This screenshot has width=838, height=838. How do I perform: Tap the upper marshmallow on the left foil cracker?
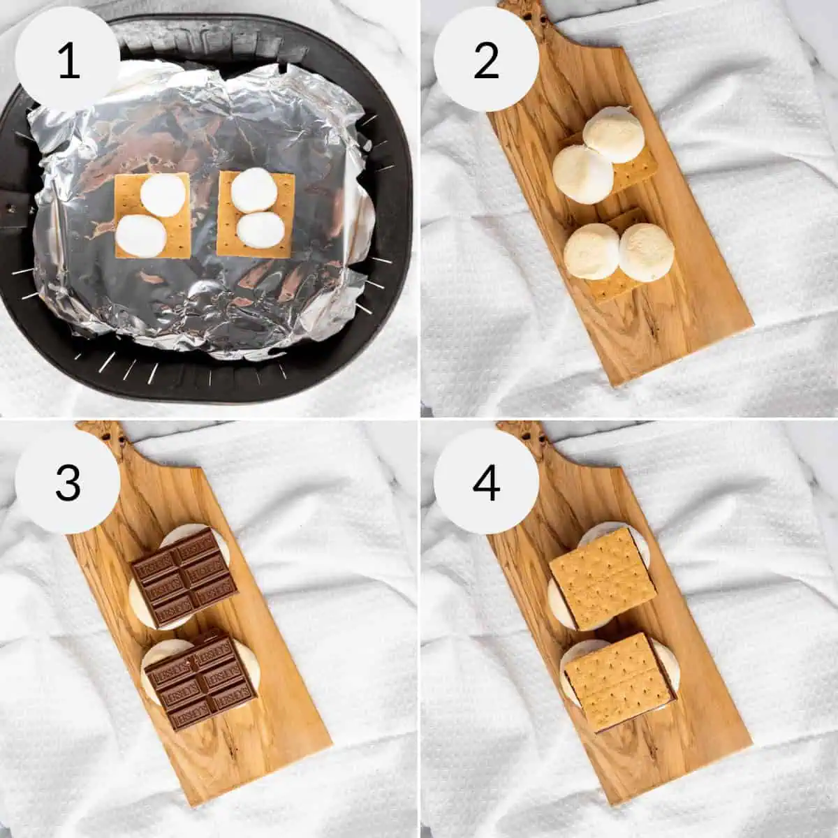click(x=161, y=193)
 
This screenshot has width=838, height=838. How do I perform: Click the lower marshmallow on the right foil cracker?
click(x=259, y=229)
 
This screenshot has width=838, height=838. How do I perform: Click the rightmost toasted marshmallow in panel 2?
click(x=647, y=251)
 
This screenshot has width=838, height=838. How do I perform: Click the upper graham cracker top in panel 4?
click(x=603, y=568)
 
